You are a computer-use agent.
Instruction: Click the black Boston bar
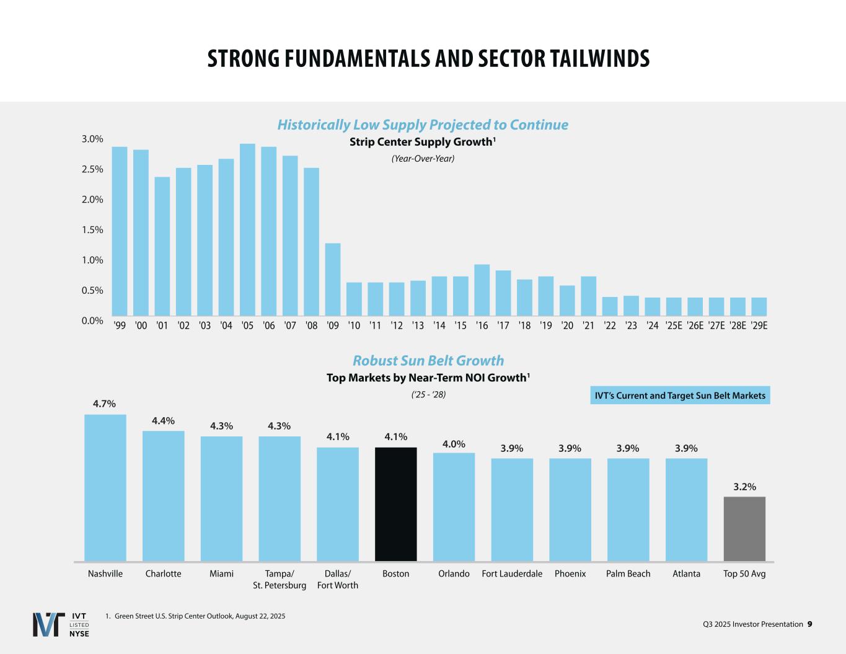tap(395, 504)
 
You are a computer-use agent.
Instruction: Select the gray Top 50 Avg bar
tap(744, 529)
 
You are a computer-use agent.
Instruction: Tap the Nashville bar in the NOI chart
tap(105, 488)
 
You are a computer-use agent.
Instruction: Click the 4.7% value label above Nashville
tap(105, 404)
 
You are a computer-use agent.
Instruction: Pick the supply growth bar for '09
tap(333, 280)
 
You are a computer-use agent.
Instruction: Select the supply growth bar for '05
tap(247, 230)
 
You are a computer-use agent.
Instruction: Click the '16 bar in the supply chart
tap(482, 290)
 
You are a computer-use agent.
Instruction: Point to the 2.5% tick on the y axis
tap(92, 169)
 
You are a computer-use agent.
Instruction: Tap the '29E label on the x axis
tap(759, 325)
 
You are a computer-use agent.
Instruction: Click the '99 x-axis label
tap(120, 325)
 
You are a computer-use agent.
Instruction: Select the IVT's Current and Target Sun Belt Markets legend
tap(680, 395)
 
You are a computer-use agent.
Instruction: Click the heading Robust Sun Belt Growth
tap(428, 361)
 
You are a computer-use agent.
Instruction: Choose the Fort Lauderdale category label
tap(512, 574)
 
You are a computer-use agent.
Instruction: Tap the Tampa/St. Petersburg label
tap(280, 580)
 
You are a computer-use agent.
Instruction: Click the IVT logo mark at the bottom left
tap(48, 624)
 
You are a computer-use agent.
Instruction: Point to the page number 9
tap(809, 624)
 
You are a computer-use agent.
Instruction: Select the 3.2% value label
tap(744, 487)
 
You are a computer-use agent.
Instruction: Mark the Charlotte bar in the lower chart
tap(164, 496)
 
